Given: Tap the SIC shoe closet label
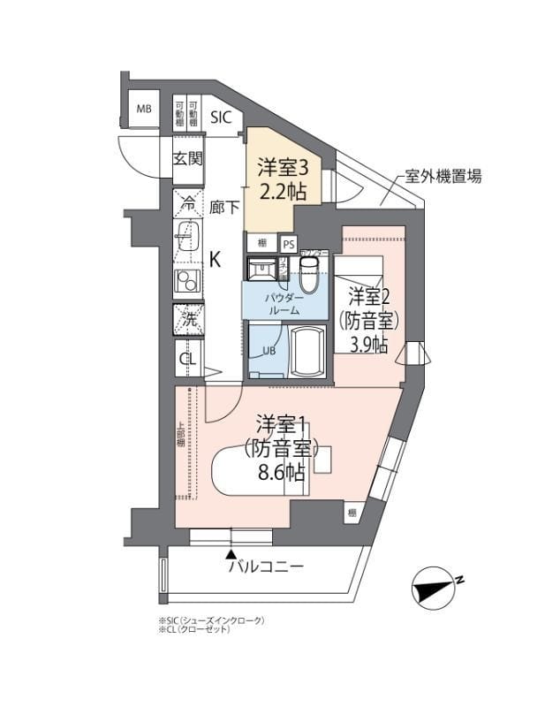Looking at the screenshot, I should coord(221,115).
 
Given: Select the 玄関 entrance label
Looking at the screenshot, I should coord(188,159).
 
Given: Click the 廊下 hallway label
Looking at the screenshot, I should coord(224,208).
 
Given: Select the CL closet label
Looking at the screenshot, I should coord(187,358).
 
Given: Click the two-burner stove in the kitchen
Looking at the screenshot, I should coord(188,282).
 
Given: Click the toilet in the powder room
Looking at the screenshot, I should coord(308,276).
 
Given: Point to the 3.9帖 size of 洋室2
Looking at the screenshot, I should coord(368,344).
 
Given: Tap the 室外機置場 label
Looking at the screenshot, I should coord(443,176).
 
